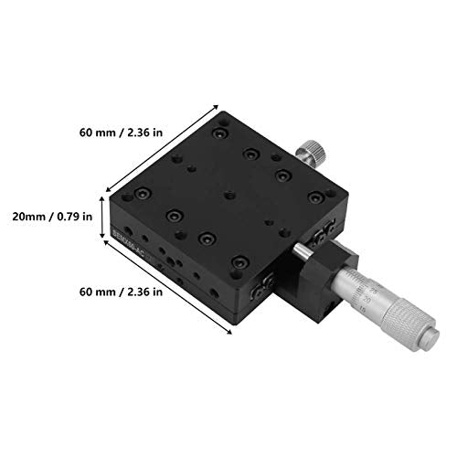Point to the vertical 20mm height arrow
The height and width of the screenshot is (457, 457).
pyautogui.click(x=101, y=217)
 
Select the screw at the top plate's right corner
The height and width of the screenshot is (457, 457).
pyautogui.click(x=316, y=194)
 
